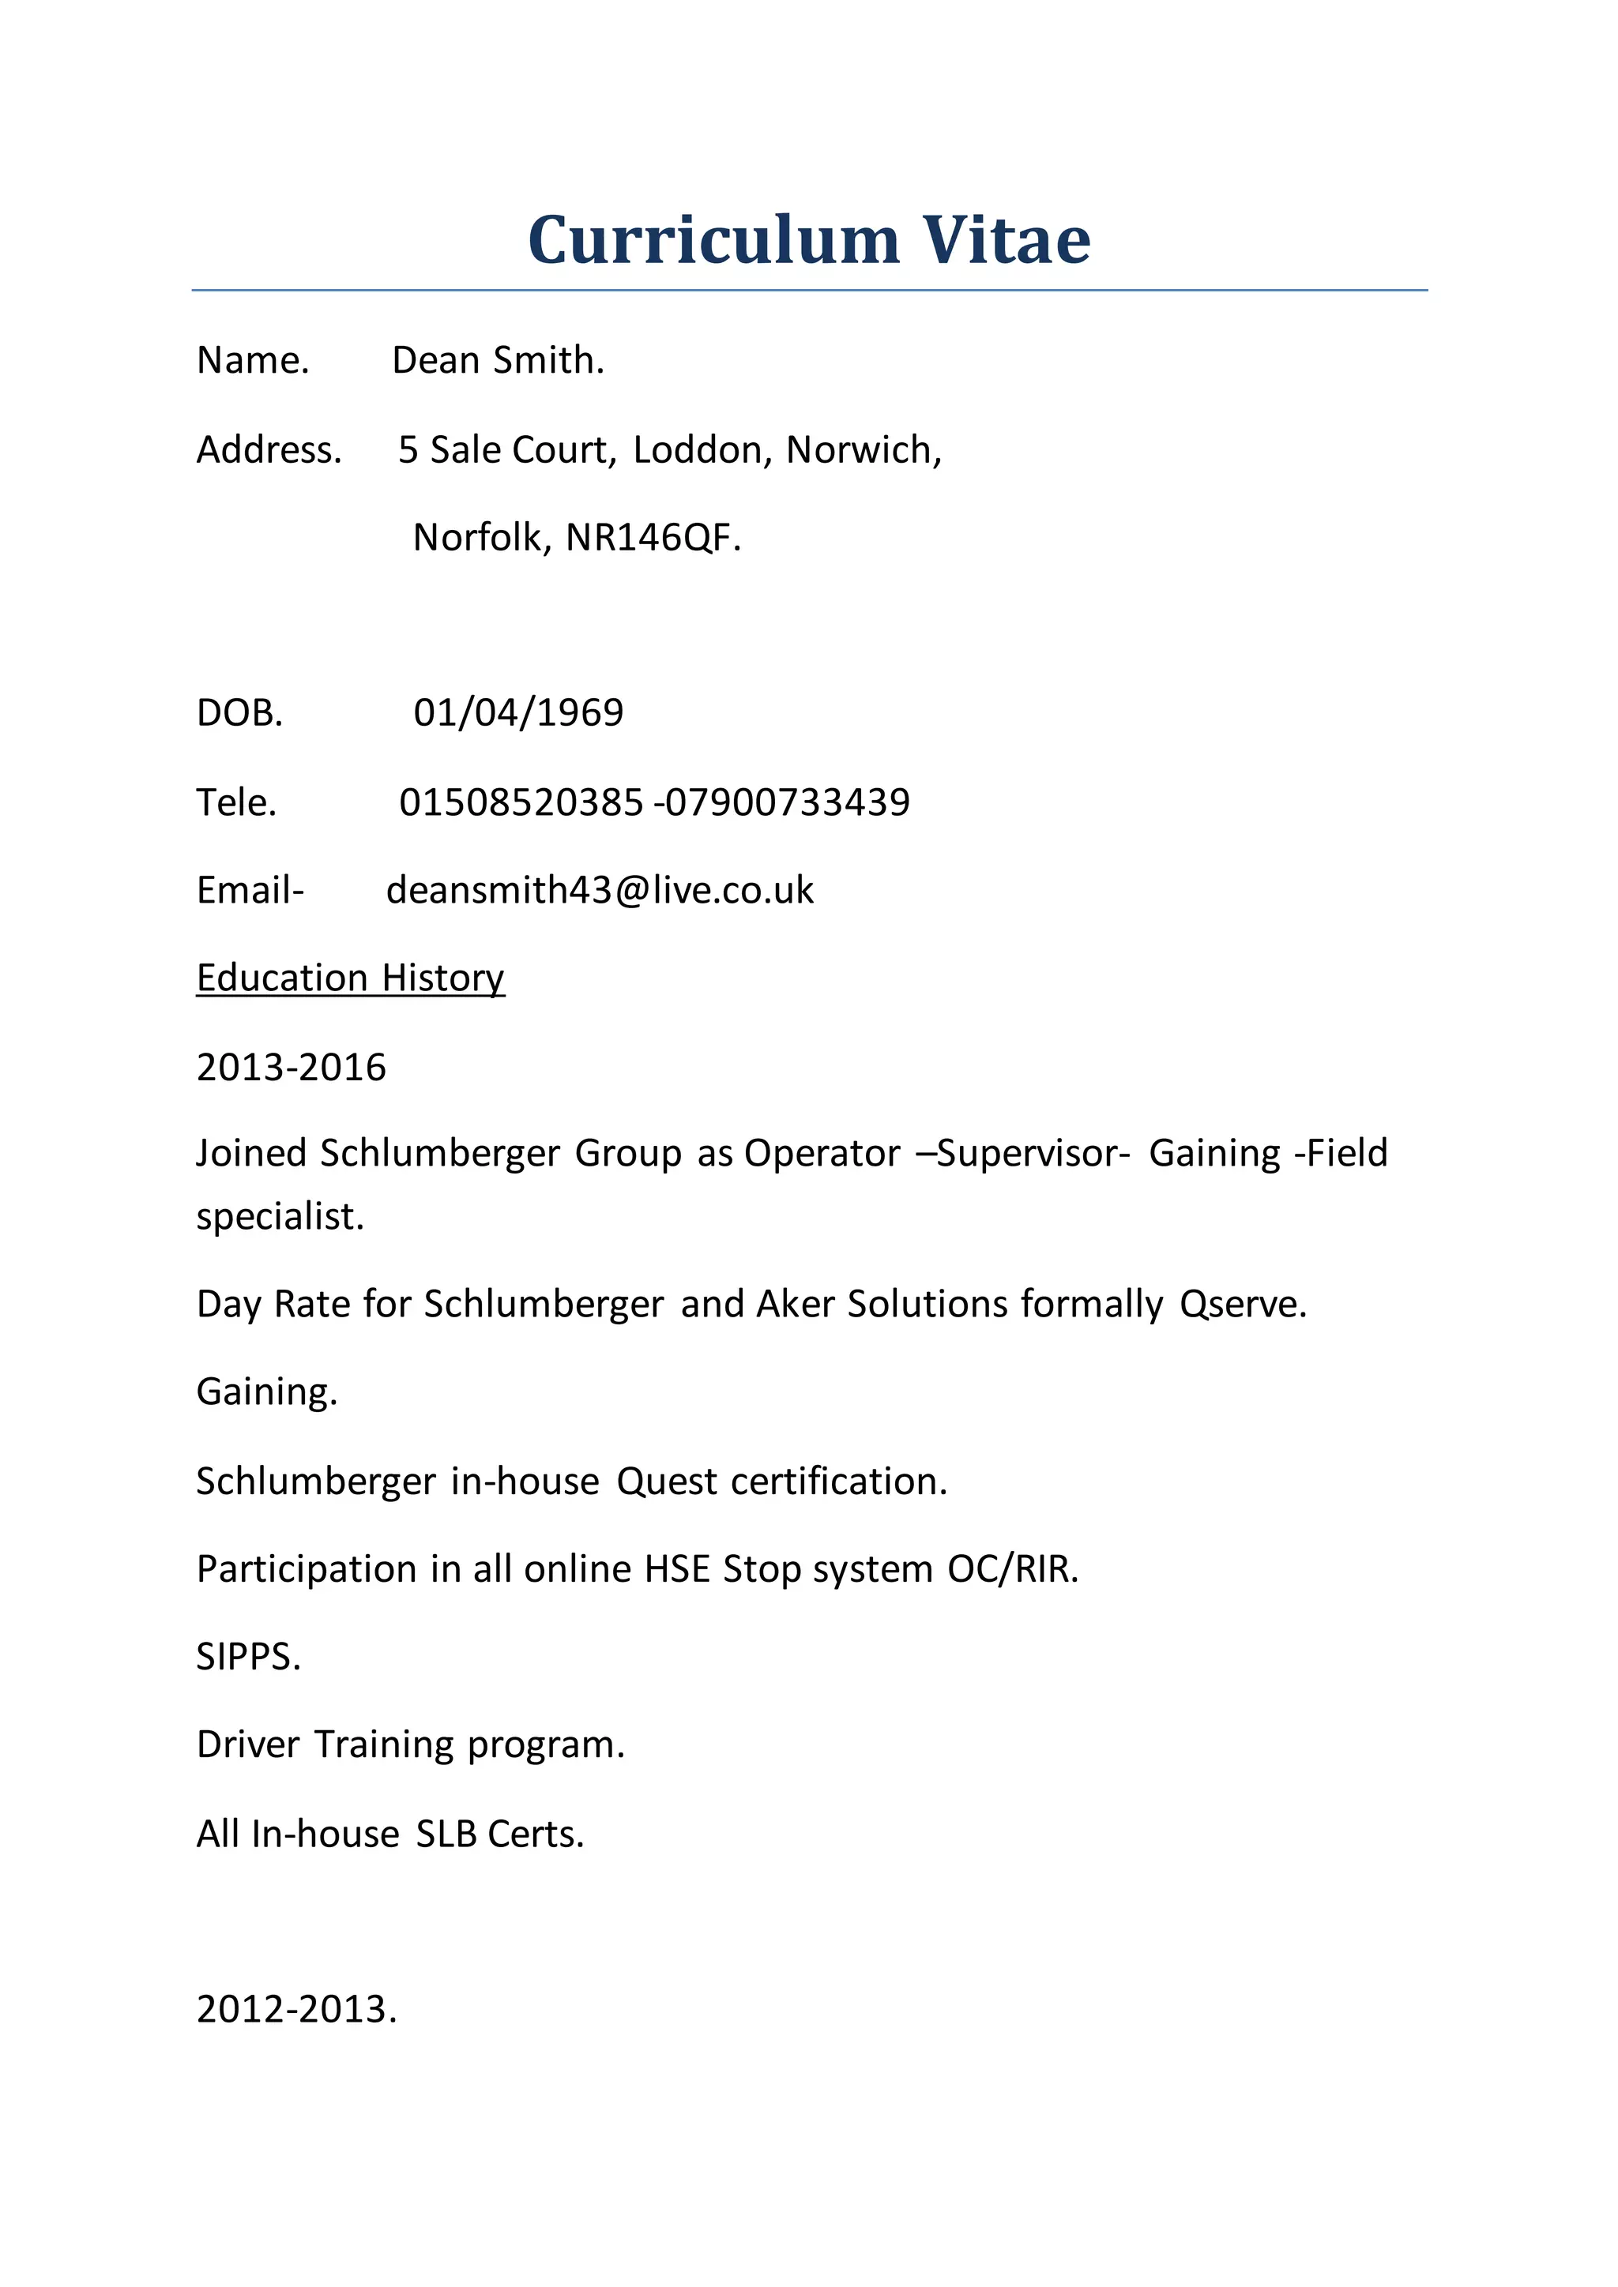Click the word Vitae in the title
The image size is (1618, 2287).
pyautogui.click(x=1007, y=240)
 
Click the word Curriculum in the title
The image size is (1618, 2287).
pyautogui.click(x=713, y=240)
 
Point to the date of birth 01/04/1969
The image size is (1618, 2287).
pyautogui.click(x=518, y=713)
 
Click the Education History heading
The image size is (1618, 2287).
pyautogui.click(x=351, y=978)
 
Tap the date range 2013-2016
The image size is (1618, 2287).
pyautogui.click(x=291, y=1068)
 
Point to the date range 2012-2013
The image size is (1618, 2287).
pyautogui.click(x=296, y=2010)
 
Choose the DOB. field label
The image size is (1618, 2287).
pyautogui.click(x=240, y=713)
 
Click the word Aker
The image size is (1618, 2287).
pyautogui.click(x=795, y=1305)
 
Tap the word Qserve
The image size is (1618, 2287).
pyautogui.click(x=1243, y=1305)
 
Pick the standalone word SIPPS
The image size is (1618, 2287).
pyautogui.click(x=248, y=1658)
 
